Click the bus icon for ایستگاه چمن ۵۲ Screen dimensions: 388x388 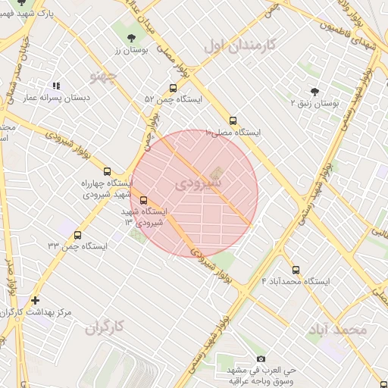pyautogui.click(x=174, y=88)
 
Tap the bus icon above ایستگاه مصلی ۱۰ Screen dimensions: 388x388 pyautogui.click(x=233, y=120)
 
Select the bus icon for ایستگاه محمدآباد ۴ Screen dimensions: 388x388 pyautogui.click(x=296, y=270)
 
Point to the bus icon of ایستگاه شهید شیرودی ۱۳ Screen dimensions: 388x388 pyautogui.click(x=144, y=201)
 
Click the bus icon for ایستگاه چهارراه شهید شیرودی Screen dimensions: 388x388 pyautogui.click(x=107, y=171)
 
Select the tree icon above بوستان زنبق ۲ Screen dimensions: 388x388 pyautogui.click(x=314, y=90)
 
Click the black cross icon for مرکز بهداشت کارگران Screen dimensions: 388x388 pyautogui.click(x=35, y=300)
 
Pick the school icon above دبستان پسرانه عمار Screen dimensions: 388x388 pyautogui.click(x=56, y=86)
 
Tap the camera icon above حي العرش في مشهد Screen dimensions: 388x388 pyautogui.click(x=261, y=358)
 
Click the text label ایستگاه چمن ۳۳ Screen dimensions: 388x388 pyautogui.click(x=77, y=246)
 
